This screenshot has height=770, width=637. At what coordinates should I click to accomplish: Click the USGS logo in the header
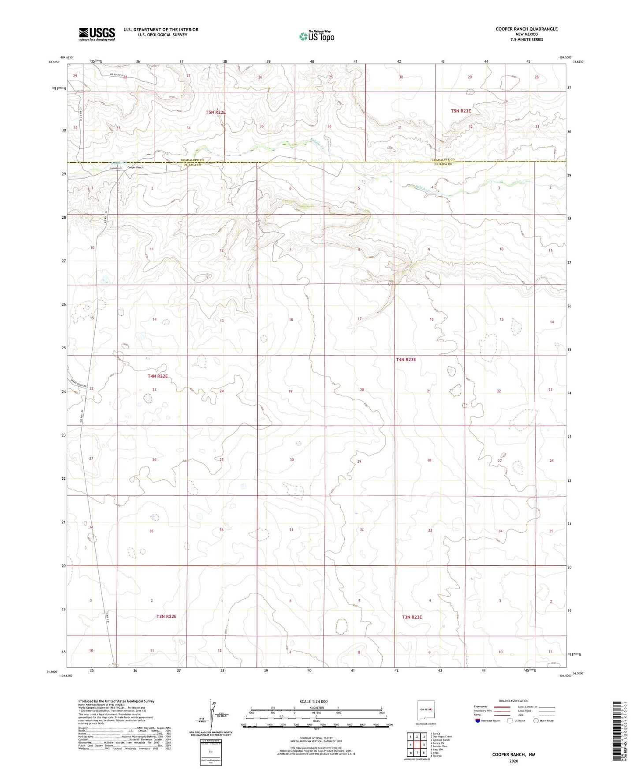point(97,34)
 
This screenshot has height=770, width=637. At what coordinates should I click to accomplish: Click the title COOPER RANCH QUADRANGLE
point(526,29)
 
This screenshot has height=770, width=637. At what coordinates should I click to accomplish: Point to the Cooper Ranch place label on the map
point(135,168)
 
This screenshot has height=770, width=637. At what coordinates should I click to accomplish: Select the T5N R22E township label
point(216,112)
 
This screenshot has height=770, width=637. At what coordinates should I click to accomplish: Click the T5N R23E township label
point(461,111)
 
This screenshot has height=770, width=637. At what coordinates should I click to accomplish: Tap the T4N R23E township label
point(406,359)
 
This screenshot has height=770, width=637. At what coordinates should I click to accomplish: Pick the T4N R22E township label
point(158,376)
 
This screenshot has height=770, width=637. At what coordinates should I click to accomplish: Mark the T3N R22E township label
point(166,616)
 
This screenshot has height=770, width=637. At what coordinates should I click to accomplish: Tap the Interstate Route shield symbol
point(478,721)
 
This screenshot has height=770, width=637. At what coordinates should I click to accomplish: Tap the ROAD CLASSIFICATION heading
point(514,701)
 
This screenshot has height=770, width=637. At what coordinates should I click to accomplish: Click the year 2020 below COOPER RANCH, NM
point(514,761)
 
